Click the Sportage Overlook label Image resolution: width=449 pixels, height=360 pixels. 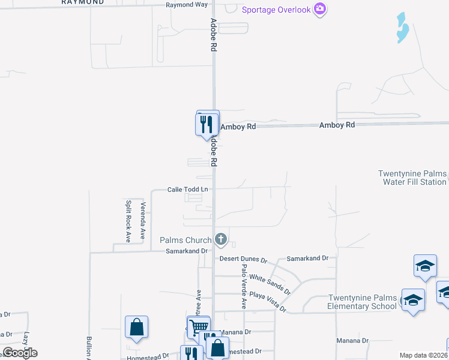pyautogui.click(x=276, y=9)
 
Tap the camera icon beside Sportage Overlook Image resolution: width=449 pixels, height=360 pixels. pyautogui.click(x=321, y=9)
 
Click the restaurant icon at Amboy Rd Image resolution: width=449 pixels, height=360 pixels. pyautogui.click(x=206, y=124)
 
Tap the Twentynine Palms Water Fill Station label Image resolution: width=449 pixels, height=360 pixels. pyautogui.click(x=412, y=178)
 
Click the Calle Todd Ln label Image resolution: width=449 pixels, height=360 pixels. pyautogui.click(x=187, y=190)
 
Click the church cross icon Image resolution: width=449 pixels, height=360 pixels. pyautogui.click(x=221, y=240)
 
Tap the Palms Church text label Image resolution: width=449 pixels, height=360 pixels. pyautogui.click(x=185, y=241)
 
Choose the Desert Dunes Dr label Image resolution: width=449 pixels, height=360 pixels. pyautogui.click(x=243, y=260)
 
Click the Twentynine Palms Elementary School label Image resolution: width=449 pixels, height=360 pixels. pyautogui.click(x=362, y=302)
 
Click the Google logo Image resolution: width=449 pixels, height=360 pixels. pyautogui.click(x=20, y=353)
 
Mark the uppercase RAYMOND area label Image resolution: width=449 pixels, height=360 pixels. pyautogui.click(x=82, y=2)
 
